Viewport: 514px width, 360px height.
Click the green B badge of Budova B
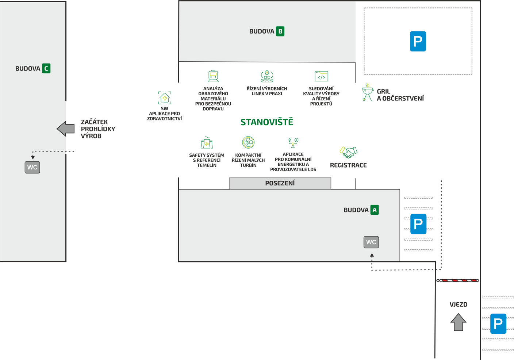point(280,31)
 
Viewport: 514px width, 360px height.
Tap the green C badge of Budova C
point(46,69)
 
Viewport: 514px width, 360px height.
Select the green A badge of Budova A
point(375,210)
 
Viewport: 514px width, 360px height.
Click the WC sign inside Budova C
point(32,168)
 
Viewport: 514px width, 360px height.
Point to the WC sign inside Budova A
point(371,242)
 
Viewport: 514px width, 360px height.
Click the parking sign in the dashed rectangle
point(418,41)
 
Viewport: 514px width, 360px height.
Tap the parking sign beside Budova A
point(418,224)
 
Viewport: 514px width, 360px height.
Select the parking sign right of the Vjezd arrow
point(498,323)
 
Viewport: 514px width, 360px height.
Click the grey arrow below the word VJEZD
point(459,322)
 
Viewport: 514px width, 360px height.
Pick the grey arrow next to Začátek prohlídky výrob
point(66,129)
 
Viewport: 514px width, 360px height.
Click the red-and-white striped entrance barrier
point(458,280)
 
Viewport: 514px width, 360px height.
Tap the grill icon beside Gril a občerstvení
point(368,93)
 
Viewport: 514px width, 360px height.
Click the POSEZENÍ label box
point(280,183)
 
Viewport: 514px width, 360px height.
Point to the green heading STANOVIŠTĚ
point(267,122)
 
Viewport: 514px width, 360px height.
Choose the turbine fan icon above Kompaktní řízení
point(248,142)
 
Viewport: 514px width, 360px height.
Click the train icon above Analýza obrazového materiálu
point(213,76)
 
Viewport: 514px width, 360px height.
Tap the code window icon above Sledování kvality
point(321,76)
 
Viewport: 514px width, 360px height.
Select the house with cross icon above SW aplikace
point(165,98)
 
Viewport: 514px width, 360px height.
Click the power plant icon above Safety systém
point(207,143)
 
